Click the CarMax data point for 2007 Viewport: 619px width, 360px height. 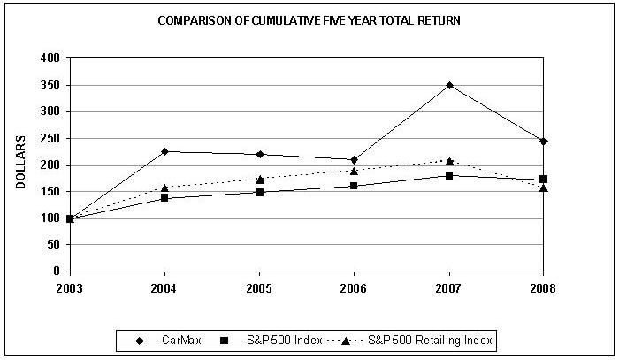[449, 85]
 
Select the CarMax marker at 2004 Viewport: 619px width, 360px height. [164, 151]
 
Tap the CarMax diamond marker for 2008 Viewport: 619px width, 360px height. [543, 141]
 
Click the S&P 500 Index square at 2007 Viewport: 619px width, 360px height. [449, 175]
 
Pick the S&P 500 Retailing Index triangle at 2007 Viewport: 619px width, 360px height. [449, 161]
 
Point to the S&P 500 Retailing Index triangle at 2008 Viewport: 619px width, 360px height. [543, 188]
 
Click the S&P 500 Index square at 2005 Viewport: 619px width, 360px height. [259, 192]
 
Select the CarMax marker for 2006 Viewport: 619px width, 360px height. [354, 159]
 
